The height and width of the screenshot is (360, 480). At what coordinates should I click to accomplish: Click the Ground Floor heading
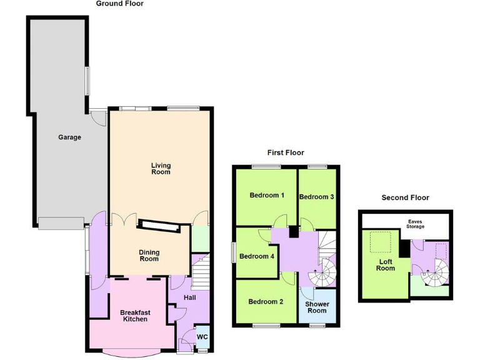(119, 4)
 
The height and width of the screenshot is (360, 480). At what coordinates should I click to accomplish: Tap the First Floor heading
(285, 152)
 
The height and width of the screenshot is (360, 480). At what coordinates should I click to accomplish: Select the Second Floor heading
(405, 197)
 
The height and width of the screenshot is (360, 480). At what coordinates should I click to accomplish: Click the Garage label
(69, 137)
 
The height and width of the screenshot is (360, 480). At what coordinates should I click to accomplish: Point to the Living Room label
(161, 169)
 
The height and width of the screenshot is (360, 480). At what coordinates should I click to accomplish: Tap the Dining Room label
(149, 256)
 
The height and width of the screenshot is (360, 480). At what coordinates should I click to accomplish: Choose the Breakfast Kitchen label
(134, 316)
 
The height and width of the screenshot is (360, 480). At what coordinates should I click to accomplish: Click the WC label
(202, 337)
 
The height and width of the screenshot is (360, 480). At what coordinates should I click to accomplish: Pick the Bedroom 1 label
(267, 196)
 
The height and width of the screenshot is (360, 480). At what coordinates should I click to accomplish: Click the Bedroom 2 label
(266, 302)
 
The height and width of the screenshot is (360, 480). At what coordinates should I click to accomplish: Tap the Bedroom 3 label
(316, 197)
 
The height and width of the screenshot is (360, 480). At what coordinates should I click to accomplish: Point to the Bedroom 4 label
(256, 256)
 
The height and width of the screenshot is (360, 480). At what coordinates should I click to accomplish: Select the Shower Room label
(317, 307)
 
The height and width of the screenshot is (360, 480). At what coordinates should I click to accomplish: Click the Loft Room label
(386, 264)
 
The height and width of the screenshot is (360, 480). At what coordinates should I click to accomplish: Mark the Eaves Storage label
(415, 224)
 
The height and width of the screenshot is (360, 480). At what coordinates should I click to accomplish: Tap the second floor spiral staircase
(434, 271)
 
